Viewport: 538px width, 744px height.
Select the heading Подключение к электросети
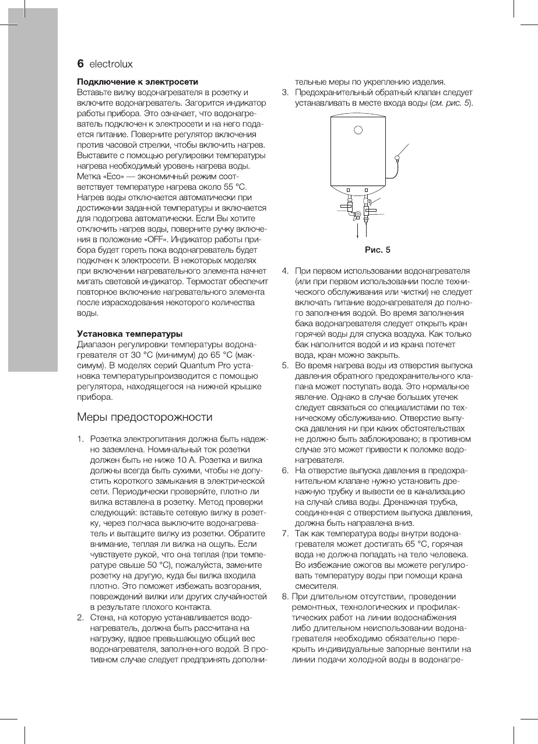(138, 81)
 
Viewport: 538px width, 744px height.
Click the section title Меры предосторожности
(145, 417)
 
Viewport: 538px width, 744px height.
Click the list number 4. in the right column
(286, 271)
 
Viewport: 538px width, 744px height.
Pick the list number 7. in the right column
(286, 534)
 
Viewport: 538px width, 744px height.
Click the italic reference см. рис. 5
(450, 103)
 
